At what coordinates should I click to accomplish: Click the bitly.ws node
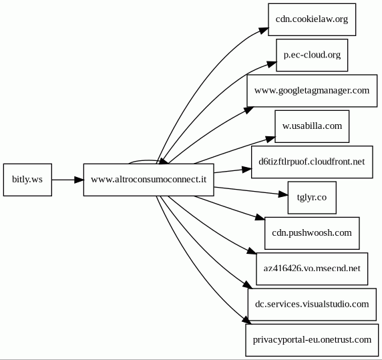(27, 180)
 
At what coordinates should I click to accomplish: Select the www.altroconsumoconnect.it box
(149, 180)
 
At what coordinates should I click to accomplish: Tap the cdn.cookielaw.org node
(312, 19)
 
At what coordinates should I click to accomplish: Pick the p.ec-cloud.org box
(312, 55)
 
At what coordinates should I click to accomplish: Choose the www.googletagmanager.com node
(312, 91)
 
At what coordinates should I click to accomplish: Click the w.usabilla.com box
(312, 126)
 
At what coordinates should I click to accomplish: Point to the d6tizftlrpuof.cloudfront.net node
(312, 162)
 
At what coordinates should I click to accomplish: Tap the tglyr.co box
(312, 198)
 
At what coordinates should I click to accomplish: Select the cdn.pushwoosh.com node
(312, 233)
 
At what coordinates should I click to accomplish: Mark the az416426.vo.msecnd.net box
(312, 268)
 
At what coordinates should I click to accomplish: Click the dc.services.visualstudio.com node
(312, 305)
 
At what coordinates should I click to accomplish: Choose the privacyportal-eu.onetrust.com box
(312, 340)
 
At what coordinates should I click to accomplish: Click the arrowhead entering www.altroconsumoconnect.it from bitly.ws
(79, 180)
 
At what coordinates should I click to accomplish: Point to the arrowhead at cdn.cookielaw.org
(264, 31)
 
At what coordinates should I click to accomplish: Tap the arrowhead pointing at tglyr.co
(283, 194)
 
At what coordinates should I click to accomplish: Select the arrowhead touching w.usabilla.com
(270, 140)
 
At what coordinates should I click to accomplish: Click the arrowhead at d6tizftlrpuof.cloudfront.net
(247, 169)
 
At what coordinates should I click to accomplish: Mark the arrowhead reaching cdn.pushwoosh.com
(260, 217)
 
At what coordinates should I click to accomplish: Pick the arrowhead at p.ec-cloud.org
(272, 64)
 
